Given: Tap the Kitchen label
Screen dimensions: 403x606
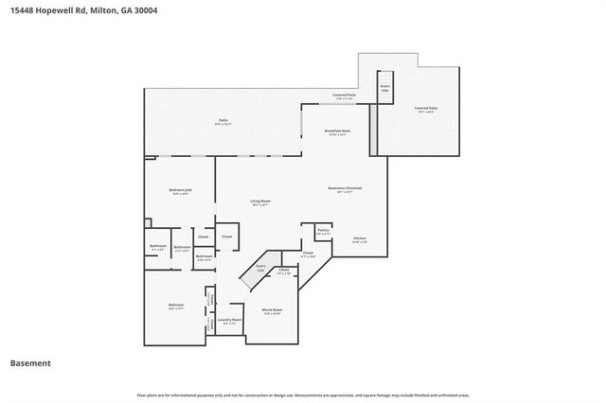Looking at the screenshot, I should pos(360,238).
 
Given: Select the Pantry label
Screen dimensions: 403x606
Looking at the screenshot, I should pos(322,231).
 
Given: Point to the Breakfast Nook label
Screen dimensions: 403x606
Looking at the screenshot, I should pos(337,131).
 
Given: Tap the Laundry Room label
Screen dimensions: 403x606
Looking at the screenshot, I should pos(229,321).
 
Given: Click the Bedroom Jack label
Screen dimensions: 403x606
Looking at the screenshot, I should pos(180,192).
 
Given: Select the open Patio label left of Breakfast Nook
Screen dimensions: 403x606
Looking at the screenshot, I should pos(223,121).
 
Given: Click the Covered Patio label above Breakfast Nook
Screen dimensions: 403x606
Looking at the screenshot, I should pos(344,96).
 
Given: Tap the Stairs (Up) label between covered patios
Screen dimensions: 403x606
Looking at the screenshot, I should pos(385,88).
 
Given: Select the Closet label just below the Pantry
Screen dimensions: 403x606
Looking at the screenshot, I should pos(308,254).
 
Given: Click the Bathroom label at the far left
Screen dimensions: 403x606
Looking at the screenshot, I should pos(157,248).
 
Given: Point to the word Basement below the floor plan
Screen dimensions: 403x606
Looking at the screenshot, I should pos(30,363).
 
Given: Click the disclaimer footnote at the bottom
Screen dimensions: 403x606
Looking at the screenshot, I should pos(303,394).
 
